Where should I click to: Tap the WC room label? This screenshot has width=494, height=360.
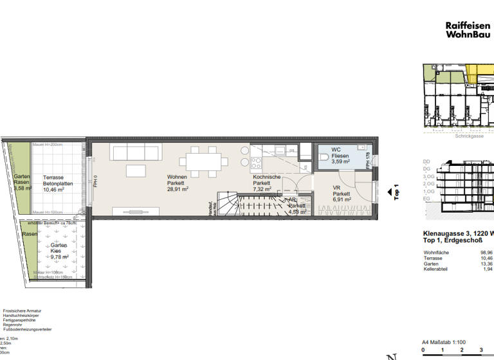pos(336,150)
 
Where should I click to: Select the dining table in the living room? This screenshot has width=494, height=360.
pos(199,158)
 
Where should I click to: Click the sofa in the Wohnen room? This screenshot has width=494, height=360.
pos(136,152)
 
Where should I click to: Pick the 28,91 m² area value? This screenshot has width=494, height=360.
pos(178,190)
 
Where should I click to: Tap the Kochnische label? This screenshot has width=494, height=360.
pos(266,177)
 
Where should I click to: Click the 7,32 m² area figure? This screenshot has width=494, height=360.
pos(262,190)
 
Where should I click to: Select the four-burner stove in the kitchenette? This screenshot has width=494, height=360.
pos(255,162)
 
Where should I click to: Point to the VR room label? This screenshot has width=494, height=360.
pos(336,188)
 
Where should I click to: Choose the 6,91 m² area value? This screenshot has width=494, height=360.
pos(341,199)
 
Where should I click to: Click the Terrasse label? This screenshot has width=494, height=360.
pos(54,177)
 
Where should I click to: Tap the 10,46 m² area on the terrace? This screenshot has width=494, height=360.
pos(54,190)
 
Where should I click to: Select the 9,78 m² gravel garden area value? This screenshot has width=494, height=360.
pos(59,257)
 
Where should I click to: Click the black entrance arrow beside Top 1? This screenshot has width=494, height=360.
pos(389,191)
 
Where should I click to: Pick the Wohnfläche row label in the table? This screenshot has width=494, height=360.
pos(436,253)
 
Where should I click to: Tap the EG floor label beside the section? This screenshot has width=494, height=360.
pos(426,199)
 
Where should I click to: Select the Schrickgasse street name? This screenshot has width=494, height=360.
pos(469,136)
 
